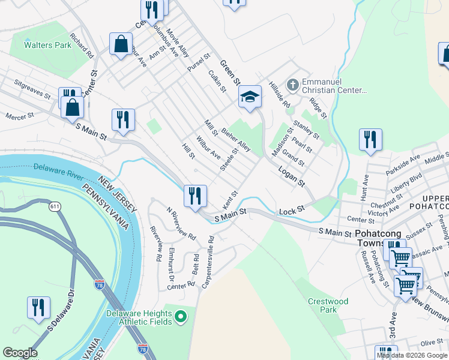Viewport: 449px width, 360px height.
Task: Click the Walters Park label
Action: [47, 45]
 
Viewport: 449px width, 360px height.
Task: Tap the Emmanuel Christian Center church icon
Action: [293, 84]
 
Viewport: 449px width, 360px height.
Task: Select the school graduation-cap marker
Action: [250, 96]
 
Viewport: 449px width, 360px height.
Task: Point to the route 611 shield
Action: [55, 206]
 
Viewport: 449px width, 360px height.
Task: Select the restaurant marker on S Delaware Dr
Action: [38, 307]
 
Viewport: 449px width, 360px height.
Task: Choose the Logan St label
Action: [292, 176]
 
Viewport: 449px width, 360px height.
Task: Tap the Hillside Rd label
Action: [280, 95]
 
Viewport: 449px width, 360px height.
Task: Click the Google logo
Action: [20, 353]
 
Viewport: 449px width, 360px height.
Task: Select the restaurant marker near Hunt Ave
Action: [370, 139]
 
